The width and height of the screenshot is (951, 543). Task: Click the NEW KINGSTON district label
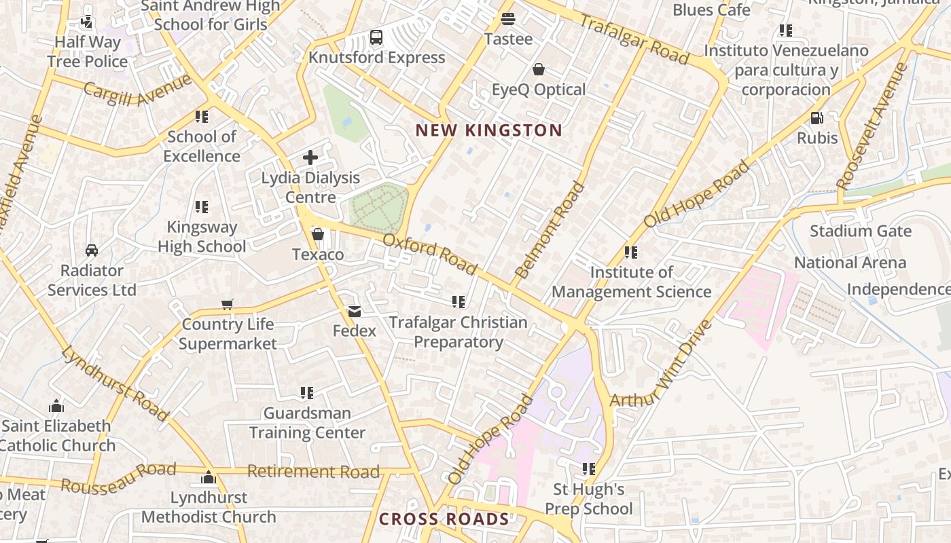click(x=488, y=130)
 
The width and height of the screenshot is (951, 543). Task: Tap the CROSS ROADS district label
click(x=444, y=519)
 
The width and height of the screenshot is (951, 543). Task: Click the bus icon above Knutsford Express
click(x=376, y=37)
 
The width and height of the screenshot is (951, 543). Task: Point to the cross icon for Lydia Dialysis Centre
click(x=310, y=157)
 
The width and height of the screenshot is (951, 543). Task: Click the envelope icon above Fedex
click(x=354, y=311)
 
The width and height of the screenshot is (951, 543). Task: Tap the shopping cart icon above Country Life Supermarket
click(x=228, y=304)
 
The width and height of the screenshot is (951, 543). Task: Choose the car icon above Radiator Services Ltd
click(x=92, y=250)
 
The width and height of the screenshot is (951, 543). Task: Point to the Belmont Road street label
click(x=550, y=230)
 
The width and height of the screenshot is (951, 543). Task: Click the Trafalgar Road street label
click(x=633, y=39)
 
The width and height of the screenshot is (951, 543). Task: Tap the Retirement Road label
click(x=313, y=471)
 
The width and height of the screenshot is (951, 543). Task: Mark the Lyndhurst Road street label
click(x=114, y=383)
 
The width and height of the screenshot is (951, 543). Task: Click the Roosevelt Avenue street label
click(x=872, y=126)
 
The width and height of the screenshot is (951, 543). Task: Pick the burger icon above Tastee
click(x=508, y=18)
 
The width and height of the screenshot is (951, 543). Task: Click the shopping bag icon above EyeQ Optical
click(x=539, y=69)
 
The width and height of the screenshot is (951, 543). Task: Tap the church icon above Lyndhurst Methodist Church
click(x=209, y=477)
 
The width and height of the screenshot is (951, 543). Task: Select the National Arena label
click(x=850, y=263)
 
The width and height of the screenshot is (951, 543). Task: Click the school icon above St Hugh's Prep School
click(x=588, y=469)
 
